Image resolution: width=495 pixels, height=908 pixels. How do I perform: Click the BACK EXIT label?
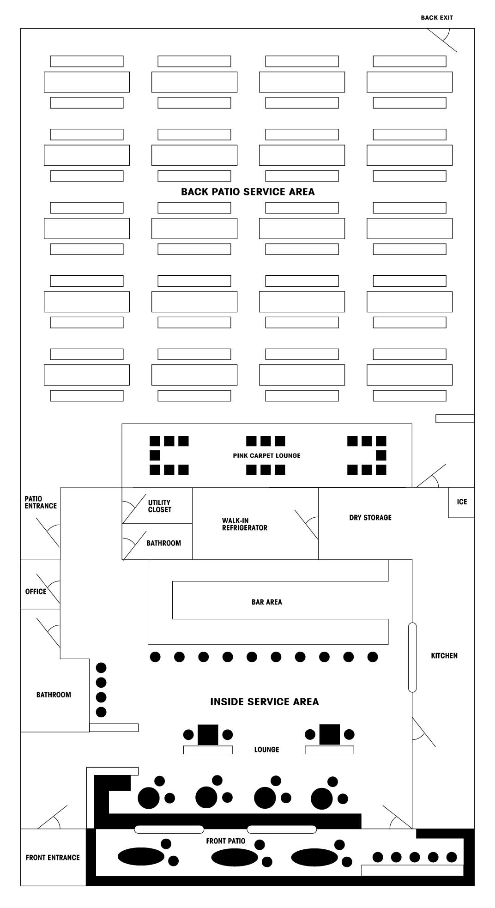(436, 18)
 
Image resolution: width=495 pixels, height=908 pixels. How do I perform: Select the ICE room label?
(462, 502)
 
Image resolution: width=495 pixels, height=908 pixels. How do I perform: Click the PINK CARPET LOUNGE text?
(266, 455)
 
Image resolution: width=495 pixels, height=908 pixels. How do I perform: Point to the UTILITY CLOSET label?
(159, 506)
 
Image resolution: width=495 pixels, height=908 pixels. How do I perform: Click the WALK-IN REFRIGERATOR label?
(244, 524)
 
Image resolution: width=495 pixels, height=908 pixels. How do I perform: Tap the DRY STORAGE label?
(370, 517)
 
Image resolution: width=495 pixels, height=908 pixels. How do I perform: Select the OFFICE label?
(36, 591)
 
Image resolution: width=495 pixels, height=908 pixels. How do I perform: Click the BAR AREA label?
(266, 602)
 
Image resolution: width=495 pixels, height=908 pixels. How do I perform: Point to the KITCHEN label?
(444, 655)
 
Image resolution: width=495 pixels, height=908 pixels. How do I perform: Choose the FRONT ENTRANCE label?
(53, 857)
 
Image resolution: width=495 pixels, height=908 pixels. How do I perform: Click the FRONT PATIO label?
(225, 841)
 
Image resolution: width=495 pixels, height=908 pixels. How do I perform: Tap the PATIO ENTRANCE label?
(41, 502)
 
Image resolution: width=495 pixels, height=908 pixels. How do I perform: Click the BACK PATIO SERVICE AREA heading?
(247, 192)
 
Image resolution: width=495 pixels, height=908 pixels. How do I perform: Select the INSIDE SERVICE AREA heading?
(264, 702)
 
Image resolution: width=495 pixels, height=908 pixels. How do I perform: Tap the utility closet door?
(134, 506)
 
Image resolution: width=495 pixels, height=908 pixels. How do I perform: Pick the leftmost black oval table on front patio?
(141, 857)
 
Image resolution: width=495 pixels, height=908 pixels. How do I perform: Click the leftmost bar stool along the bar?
(155, 657)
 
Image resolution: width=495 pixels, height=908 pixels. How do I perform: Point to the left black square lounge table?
(208, 734)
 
